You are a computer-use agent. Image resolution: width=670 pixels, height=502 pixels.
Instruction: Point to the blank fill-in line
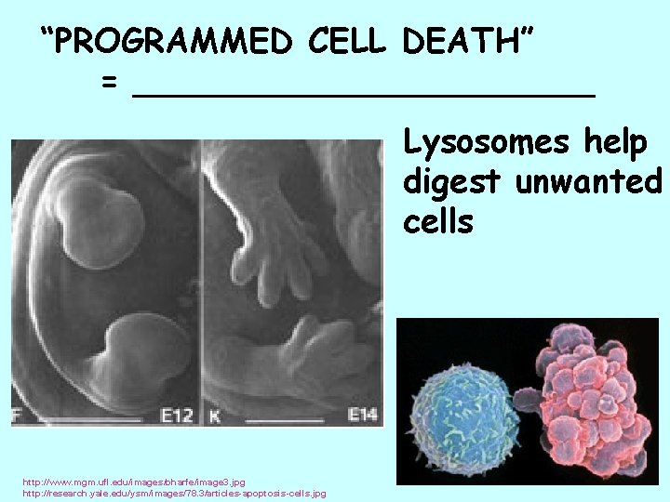click(x=363, y=92)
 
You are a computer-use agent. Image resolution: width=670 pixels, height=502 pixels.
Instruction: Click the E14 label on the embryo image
click(x=362, y=414)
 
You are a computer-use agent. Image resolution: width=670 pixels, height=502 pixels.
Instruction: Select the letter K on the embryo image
click(x=212, y=414)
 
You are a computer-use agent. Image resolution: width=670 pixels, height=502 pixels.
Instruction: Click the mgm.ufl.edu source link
click(x=134, y=482)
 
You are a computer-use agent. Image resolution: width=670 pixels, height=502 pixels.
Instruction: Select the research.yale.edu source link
click(x=173, y=494)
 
